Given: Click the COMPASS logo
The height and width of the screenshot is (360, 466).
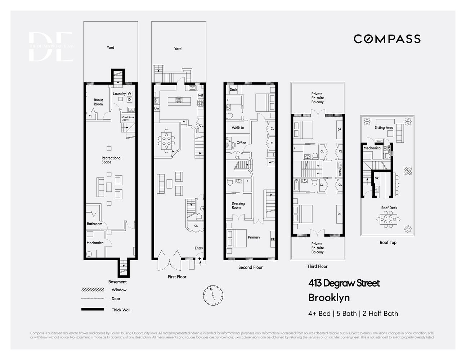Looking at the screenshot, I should click(x=387, y=39).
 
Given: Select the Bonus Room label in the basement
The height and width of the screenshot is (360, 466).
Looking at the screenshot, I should click(x=98, y=102).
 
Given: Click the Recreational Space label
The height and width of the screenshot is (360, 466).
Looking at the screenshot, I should click(x=111, y=160).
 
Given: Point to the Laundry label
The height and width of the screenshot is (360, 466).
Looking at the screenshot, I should click(x=119, y=94).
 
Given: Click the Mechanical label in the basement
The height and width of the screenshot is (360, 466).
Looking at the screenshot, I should click(x=95, y=243).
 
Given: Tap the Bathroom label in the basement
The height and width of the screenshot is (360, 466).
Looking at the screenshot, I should click(x=94, y=224).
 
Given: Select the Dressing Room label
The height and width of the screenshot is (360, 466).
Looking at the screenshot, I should click(x=238, y=206).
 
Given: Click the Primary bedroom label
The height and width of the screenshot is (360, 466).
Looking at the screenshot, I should click(x=254, y=237).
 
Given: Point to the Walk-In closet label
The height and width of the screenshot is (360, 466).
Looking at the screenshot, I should click(x=238, y=128).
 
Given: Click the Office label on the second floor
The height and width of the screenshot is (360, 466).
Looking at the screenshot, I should click(x=241, y=143).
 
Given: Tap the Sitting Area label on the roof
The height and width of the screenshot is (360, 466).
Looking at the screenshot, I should click(x=384, y=127).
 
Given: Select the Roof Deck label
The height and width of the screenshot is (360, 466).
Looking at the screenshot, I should click(x=389, y=208).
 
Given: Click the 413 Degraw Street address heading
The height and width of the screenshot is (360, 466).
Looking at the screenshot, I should click(x=344, y=283).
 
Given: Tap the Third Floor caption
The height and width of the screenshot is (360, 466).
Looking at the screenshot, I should click(x=317, y=266).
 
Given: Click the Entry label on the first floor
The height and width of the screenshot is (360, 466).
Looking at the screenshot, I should click(x=199, y=248).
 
